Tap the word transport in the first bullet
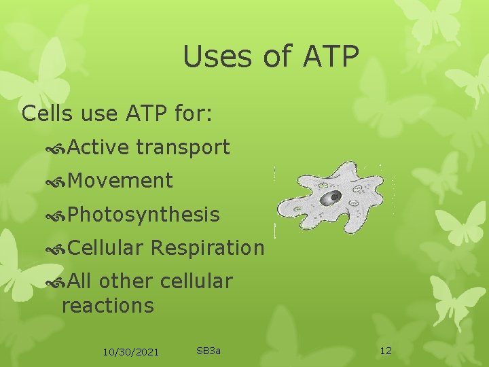(183, 147)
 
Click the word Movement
(120, 181)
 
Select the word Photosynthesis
(144, 215)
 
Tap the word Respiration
(207, 248)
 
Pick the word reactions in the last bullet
(108, 305)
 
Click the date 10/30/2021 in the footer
(130, 351)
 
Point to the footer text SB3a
(209, 351)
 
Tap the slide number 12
(386, 351)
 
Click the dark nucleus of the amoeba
(331, 198)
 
